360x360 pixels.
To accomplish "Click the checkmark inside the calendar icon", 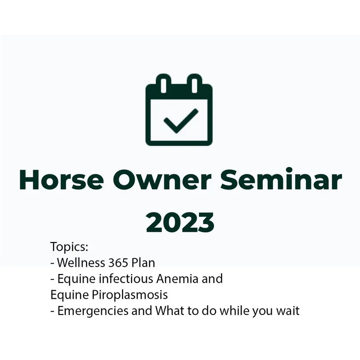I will click(180, 121).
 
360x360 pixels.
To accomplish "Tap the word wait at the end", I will click(288, 311).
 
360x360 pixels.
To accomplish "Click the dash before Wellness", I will click(52, 263).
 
